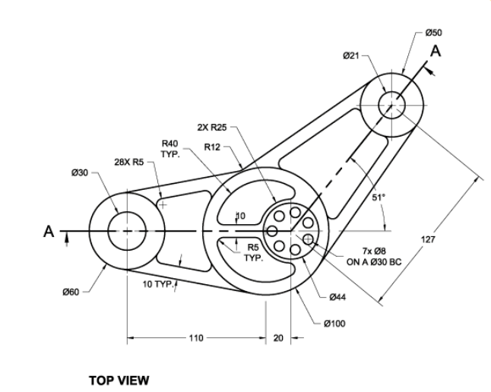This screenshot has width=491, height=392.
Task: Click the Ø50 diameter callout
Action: (x=434, y=33)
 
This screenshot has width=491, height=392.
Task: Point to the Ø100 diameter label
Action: (x=334, y=324)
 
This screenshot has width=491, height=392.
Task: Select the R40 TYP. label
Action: (x=169, y=148)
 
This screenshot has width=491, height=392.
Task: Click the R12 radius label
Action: (x=213, y=147)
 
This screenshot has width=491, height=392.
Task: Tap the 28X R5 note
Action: (x=129, y=161)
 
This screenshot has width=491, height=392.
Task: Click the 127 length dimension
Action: (x=428, y=240)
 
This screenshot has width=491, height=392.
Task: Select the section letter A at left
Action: (x=50, y=232)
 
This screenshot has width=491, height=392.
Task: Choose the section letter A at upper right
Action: (x=435, y=51)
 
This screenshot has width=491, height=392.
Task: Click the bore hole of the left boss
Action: (x=127, y=230)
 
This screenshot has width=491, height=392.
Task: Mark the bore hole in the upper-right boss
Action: (x=393, y=104)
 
